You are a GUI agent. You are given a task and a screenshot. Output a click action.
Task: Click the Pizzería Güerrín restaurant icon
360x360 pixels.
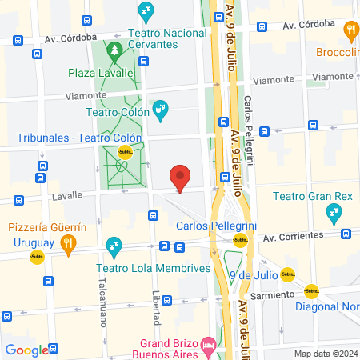(x=69, y=243)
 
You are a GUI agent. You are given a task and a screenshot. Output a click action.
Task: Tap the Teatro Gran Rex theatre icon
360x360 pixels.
(x=334, y=212)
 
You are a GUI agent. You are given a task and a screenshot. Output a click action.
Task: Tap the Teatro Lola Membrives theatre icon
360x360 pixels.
(x=114, y=243)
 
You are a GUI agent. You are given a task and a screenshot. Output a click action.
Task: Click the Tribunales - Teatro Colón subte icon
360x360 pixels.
(x=125, y=151)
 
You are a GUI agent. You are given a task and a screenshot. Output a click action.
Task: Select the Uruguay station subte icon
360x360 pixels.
(x=37, y=258)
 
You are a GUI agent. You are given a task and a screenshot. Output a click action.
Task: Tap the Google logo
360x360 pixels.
(x=26, y=350)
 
